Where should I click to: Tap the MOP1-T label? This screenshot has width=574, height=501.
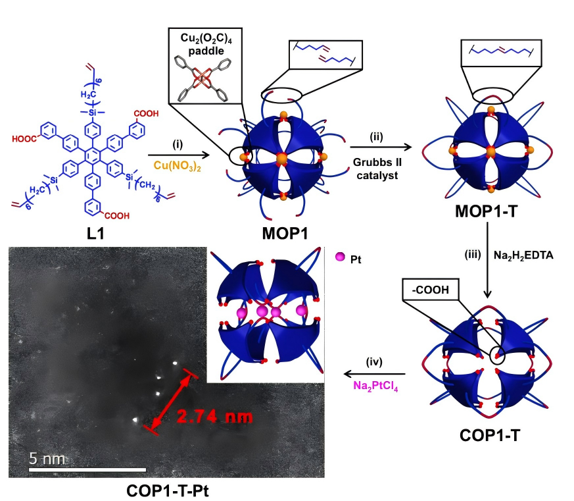(x=490, y=211)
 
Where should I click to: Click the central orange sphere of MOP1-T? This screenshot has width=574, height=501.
(x=489, y=153)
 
